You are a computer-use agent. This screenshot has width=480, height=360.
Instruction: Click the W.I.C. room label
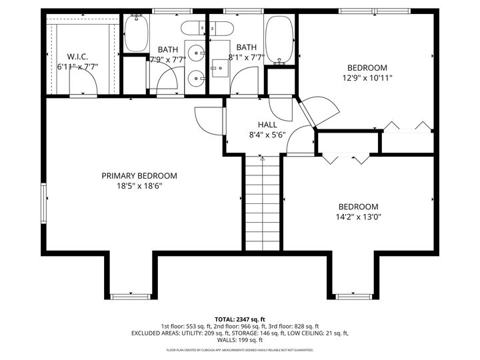tap(77, 56)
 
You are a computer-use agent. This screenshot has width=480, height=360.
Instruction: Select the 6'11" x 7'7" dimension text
tap(77, 66)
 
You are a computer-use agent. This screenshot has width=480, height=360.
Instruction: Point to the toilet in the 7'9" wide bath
tap(193, 29)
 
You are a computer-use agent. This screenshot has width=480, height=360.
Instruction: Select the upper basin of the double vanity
tap(197, 51)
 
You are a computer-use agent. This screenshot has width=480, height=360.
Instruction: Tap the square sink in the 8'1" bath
tap(221, 67)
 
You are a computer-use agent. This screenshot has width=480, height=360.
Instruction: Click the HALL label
tap(267, 124)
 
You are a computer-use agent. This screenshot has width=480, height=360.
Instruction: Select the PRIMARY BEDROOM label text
tap(139, 176)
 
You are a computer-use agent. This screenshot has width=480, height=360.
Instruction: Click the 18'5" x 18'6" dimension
tap(139, 186)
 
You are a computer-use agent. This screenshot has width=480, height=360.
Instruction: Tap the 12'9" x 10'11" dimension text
tap(367, 77)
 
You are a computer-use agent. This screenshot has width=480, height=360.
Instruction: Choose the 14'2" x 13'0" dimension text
tap(357, 217)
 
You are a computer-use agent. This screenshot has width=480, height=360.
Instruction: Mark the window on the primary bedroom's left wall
tap(44, 204)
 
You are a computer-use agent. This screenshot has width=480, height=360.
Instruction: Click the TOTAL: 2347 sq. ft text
tap(239, 319)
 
